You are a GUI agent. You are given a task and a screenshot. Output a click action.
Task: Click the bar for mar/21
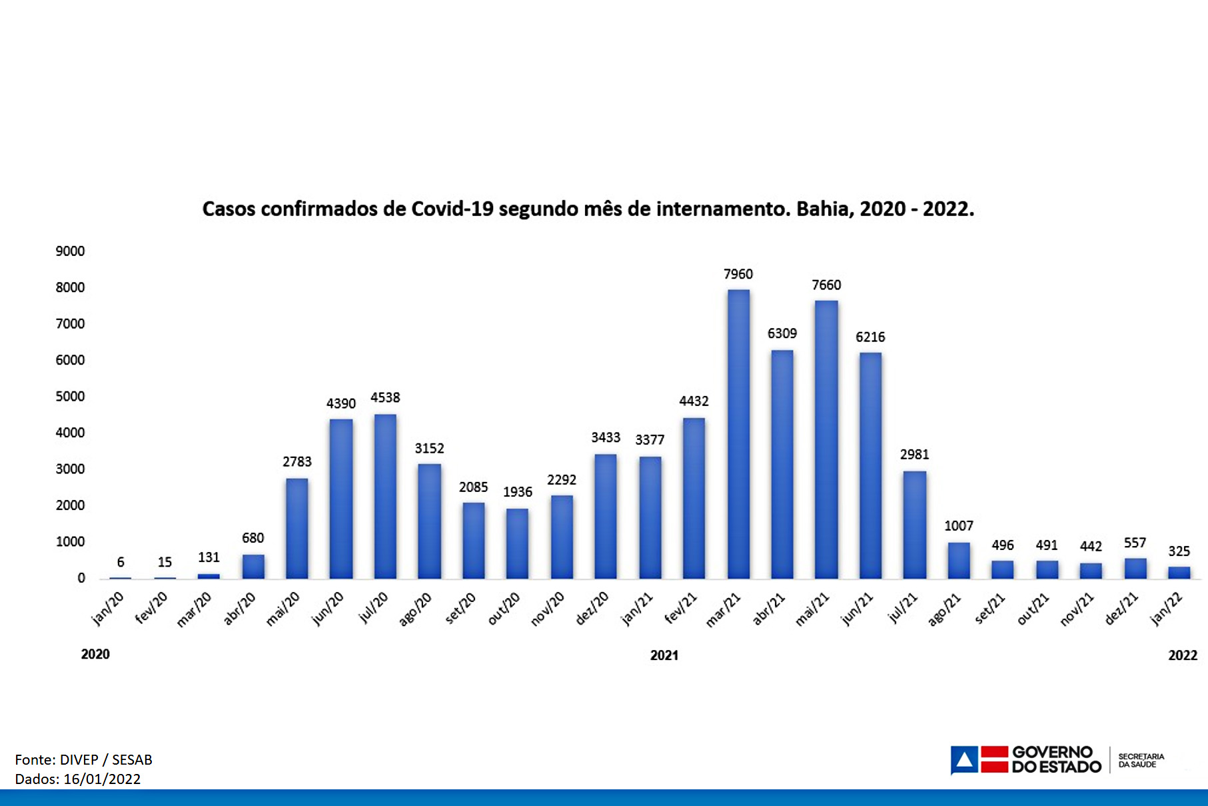tap(738, 433)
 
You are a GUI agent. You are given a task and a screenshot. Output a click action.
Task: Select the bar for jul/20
tap(385, 496)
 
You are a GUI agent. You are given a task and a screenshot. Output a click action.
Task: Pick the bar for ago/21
tap(959, 560)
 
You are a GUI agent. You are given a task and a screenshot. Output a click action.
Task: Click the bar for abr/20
tap(253, 566)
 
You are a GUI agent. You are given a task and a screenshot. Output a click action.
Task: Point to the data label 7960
tap(738, 274)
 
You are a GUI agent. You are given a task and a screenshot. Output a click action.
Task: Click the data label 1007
tap(959, 526)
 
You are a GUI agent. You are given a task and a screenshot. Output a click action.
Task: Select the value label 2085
tap(473, 487)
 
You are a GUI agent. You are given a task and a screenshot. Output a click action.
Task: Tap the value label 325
tap(1179, 551)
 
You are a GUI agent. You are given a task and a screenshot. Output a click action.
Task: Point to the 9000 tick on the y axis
tap(70, 251)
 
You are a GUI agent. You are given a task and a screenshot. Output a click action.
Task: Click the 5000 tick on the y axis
tap(70, 397)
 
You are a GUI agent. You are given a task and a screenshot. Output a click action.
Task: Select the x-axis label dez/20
tap(592, 609)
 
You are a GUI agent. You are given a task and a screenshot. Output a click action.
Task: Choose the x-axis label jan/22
tap(1167, 609)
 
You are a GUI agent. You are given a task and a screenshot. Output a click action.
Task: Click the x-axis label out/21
tap(1033, 609)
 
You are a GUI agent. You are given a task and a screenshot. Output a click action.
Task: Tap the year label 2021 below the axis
tap(664, 655)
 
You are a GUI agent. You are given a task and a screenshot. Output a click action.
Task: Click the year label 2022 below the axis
tap(1183, 655)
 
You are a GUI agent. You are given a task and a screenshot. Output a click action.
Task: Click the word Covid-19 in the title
tap(452, 209)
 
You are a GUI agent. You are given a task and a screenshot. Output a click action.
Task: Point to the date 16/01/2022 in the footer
tap(102, 779)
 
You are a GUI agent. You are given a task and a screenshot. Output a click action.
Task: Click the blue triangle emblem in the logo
tap(964, 760)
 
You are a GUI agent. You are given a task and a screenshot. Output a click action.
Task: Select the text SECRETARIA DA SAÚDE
tap(1141, 761)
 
